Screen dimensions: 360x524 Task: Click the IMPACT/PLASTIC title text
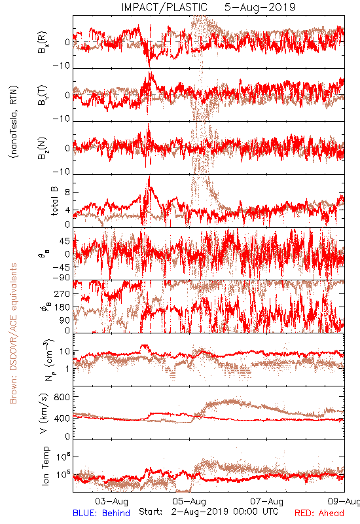(164, 7)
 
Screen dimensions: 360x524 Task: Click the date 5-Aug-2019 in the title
(260, 7)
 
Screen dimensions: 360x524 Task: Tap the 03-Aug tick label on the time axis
(111, 501)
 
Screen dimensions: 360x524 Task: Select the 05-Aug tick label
(189, 501)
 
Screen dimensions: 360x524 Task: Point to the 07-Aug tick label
(267, 501)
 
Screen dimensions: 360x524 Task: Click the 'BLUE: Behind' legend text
(101, 513)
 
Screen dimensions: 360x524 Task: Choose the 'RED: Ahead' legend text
(319, 513)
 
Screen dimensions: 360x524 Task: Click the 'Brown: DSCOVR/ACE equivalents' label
(13, 333)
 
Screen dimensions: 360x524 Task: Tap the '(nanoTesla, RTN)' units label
(14, 122)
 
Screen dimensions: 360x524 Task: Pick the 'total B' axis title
(54, 200)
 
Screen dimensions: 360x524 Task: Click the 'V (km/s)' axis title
(44, 413)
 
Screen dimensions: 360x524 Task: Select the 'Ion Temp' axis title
(45, 466)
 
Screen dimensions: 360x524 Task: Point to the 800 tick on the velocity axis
(62, 397)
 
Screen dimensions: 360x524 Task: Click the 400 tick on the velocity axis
(62, 419)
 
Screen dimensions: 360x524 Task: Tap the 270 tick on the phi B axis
(62, 294)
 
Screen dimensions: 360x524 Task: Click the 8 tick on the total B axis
(67, 193)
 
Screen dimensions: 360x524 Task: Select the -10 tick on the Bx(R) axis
(62, 66)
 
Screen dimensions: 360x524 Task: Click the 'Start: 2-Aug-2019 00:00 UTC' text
(208, 512)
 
